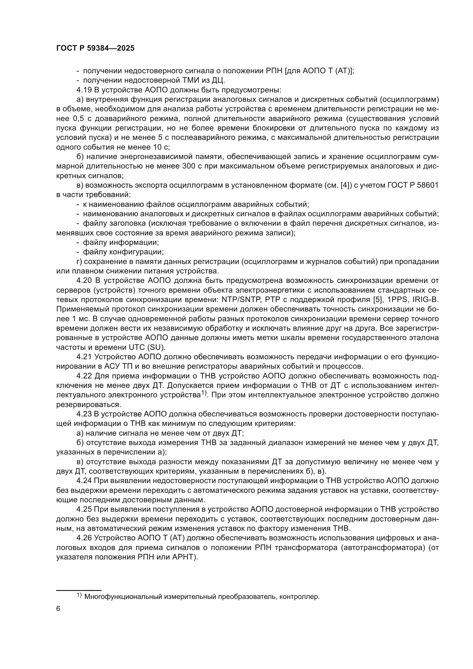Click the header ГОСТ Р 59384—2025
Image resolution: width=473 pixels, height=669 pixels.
point(95,48)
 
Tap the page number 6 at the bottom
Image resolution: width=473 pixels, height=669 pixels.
point(58,609)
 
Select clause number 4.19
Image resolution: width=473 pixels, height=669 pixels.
point(84,90)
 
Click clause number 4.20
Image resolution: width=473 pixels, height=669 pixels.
point(84,281)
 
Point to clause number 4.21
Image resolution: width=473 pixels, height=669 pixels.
point(84,357)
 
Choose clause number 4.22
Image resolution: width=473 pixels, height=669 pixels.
point(84,376)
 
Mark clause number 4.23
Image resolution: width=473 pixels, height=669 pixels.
point(84,414)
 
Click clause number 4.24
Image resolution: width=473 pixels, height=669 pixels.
point(84,481)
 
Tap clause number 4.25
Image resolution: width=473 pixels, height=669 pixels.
point(84,509)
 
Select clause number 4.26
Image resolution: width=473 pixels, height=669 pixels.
point(84,538)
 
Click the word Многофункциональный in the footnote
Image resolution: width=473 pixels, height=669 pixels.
point(122,597)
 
